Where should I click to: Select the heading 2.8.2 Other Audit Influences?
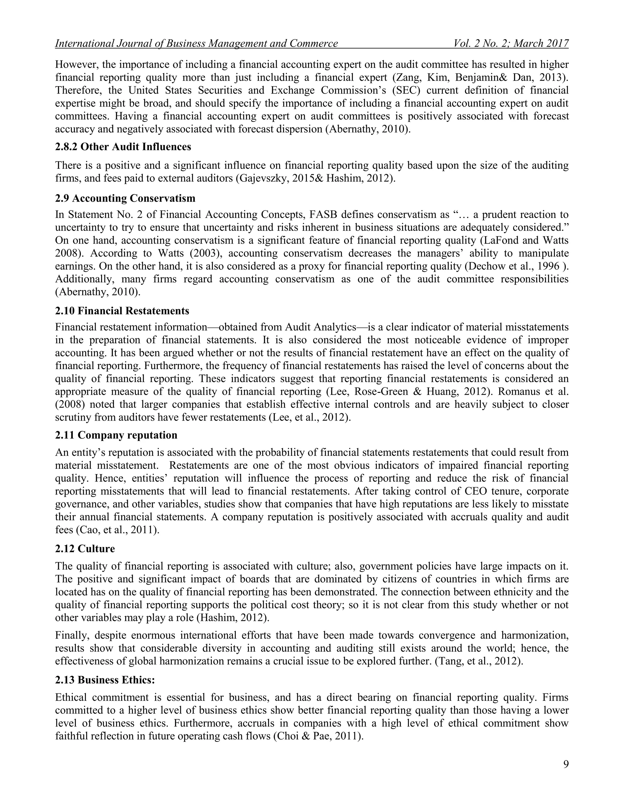click(123, 147)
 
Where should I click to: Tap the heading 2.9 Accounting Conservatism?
click(125, 199)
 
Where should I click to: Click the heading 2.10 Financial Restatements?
click(122, 311)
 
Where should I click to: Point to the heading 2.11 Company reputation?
click(116, 435)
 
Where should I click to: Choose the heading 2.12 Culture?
click(85, 549)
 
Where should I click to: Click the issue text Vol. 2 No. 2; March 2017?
click(511, 44)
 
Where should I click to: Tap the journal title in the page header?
click(196, 44)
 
